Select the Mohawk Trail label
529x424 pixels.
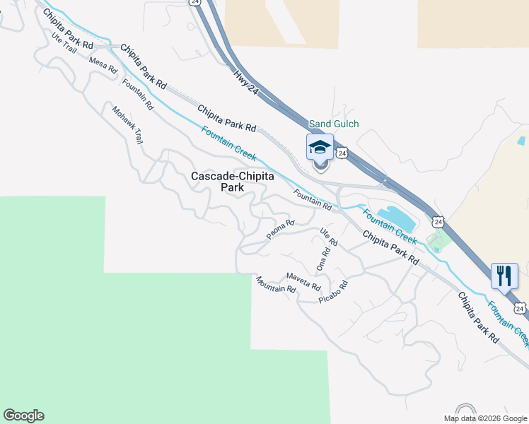coord(128,126)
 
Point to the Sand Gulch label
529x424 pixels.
coord(334,124)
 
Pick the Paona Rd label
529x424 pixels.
coord(280,230)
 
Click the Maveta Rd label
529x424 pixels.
coord(303,281)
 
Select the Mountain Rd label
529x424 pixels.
coord(276,285)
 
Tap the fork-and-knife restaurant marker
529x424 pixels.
coord(504,275)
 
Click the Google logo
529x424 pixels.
coord(23,416)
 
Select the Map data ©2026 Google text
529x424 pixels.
coord(485,418)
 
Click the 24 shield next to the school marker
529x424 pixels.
coord(342,153)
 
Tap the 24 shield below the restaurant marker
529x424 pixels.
coord(520,309)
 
